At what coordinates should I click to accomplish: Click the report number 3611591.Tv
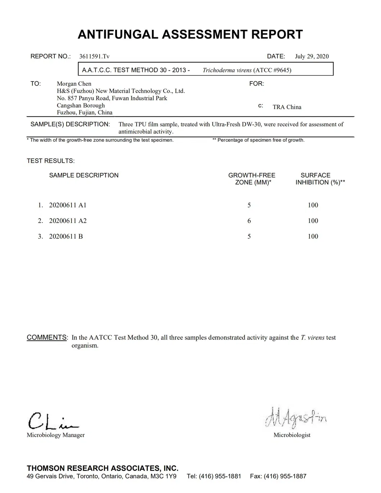[94, 56]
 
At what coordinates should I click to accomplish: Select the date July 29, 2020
[312, 56]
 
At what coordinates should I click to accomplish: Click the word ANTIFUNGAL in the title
[118, 35]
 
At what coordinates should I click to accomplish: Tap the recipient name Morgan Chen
[74, 84]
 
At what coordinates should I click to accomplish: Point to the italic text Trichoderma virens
[227, 70]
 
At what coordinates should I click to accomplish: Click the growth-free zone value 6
[249, 221]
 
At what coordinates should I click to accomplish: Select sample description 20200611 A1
[68, 205]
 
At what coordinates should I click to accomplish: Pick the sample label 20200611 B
[66, 237]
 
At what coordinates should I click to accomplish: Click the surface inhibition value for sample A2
[313, 221]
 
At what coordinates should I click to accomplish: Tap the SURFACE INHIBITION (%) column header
[320, 179]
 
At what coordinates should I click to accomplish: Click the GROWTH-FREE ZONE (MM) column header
[252, 179]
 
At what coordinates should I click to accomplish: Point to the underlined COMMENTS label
[47, 337]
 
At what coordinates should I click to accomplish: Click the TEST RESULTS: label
[51, 161]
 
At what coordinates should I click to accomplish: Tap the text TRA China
[287, 107]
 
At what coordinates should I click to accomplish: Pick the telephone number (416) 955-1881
[220, 476]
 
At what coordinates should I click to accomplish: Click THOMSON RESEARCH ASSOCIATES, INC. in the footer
[103, 468]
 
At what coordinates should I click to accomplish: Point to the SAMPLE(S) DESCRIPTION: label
[70, 124]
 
